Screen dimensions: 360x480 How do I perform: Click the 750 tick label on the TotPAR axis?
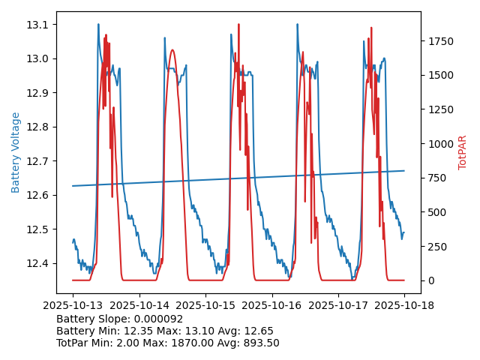pyautogui.click(x=436, y=178)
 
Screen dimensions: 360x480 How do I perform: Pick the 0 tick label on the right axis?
pyautogui.click(x=428, y=280)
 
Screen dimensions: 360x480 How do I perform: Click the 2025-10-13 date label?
pyautogui.click(x=73, y=306)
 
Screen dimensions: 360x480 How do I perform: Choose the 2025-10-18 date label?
pyautogui.click(x=404, y=306)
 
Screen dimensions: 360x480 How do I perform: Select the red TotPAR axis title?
pyautogui.click(x=463, y=152)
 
